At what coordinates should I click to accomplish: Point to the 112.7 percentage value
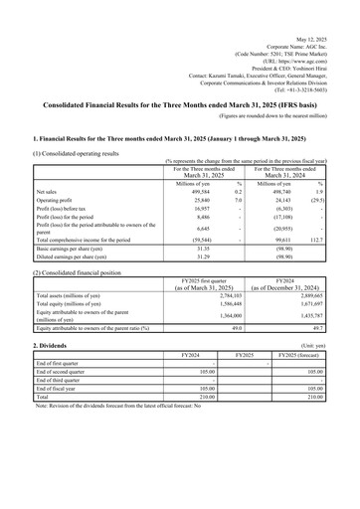316,240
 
